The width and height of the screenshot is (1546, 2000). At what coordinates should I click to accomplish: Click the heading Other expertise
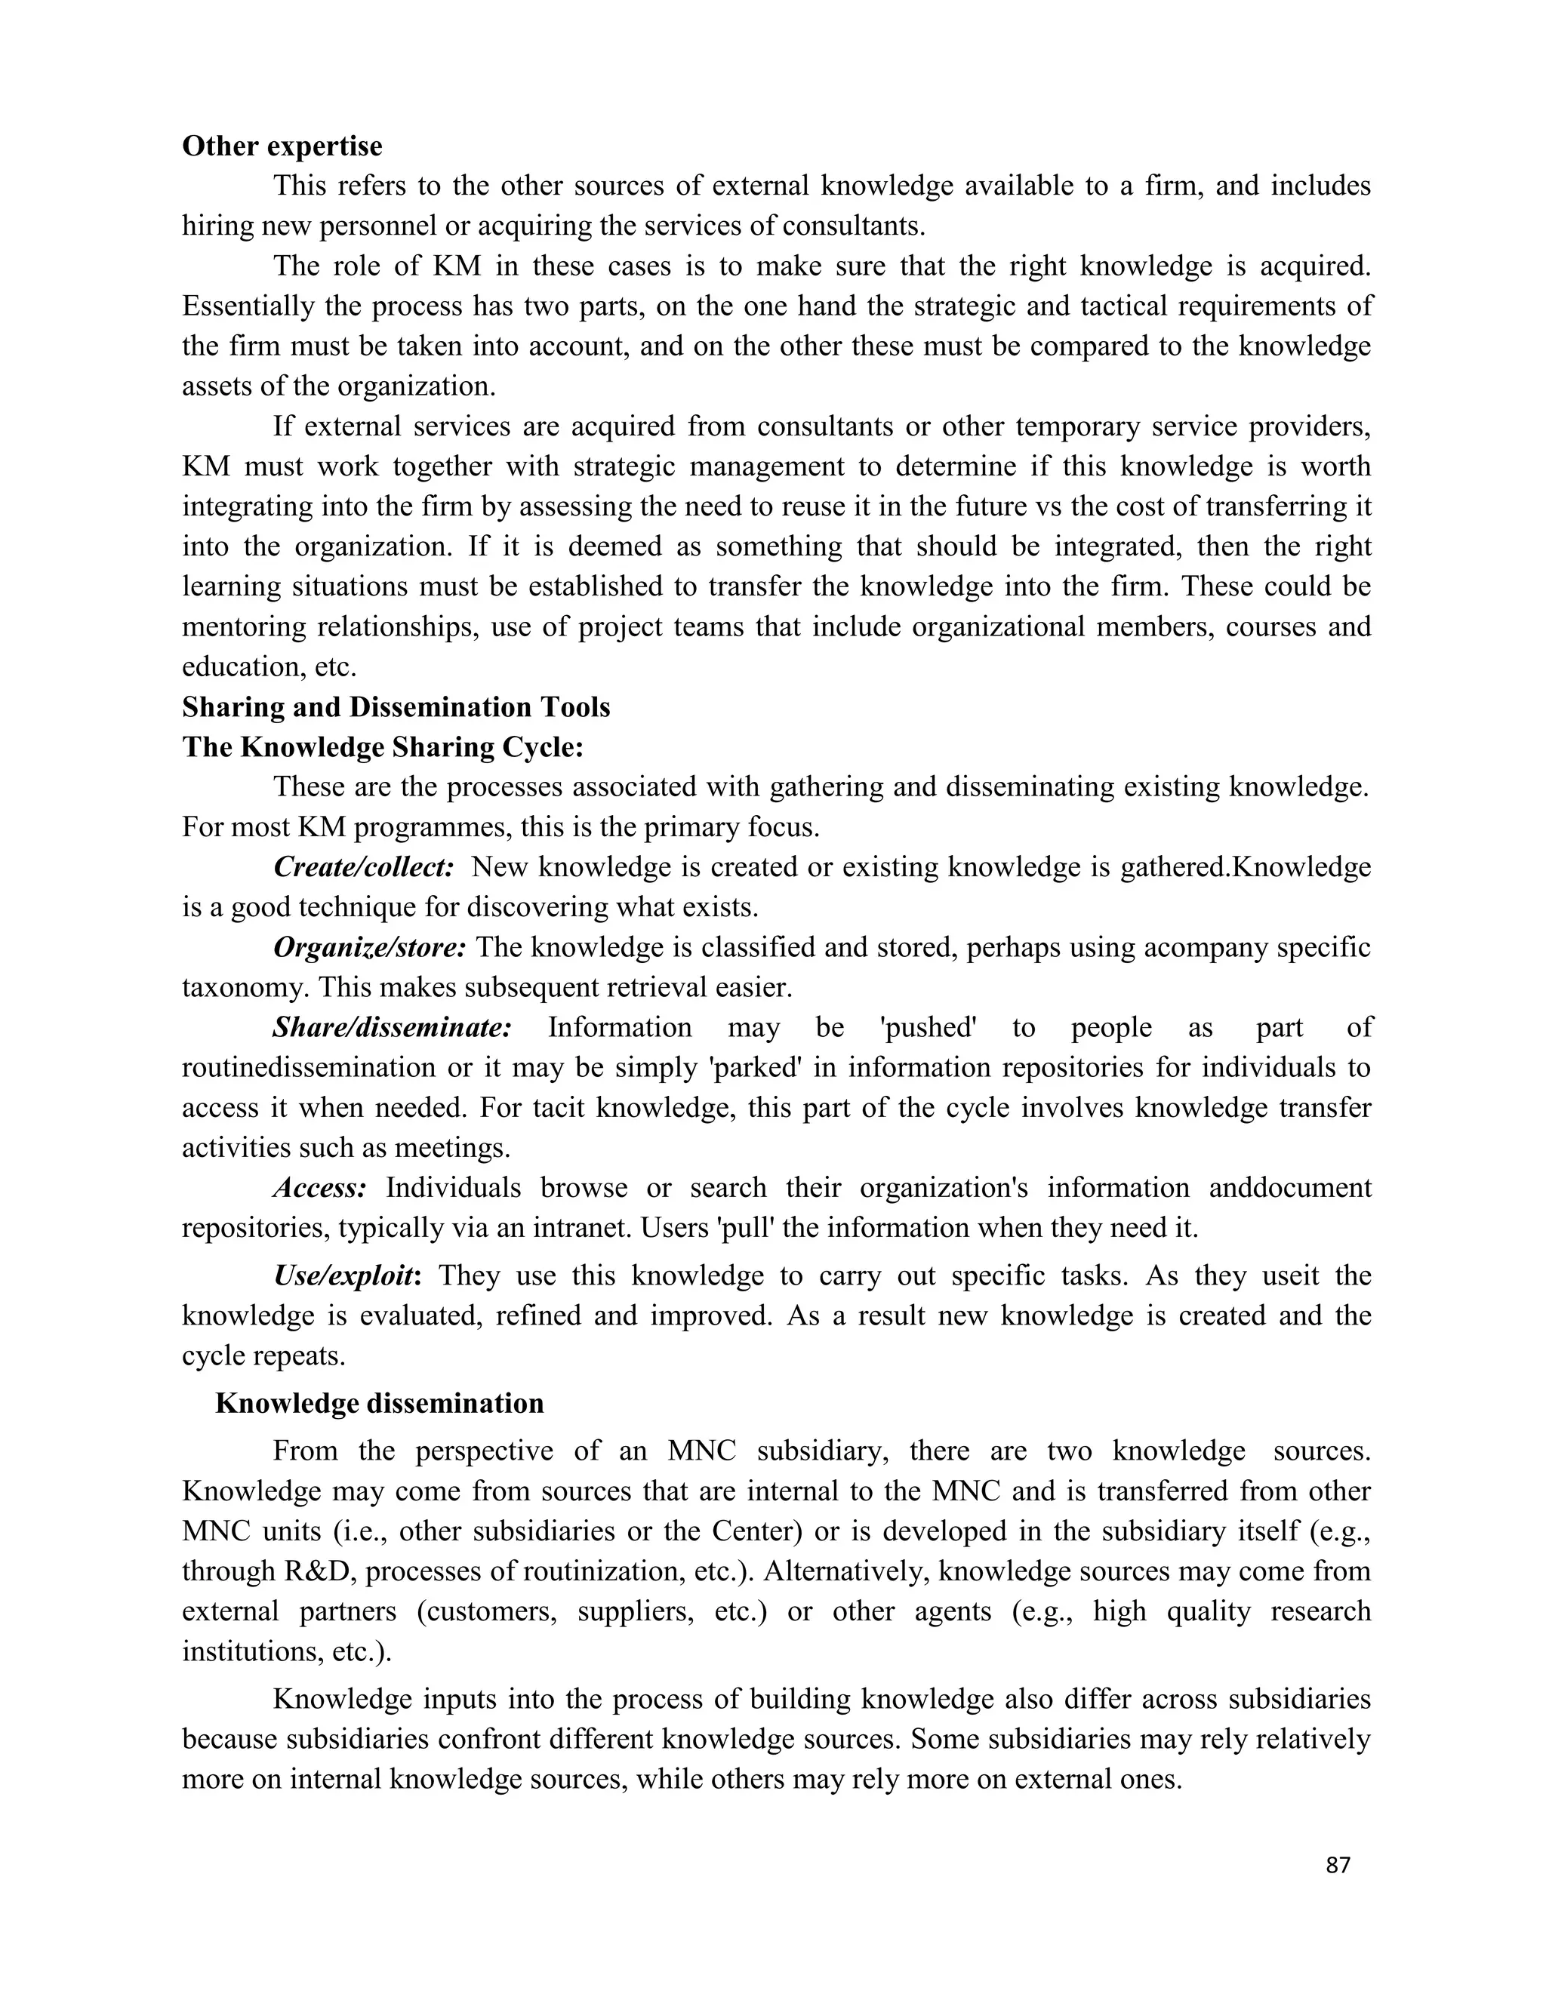(x=282, y=146)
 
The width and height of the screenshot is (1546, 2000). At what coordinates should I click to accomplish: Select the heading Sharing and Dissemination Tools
(x=396, y=707)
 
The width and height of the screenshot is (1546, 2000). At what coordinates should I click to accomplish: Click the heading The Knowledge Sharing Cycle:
(x=383, y=747)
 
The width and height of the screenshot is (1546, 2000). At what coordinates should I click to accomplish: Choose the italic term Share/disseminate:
(x=392, y=1027)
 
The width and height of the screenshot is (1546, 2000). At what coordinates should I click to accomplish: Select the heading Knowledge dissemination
(x=379, y=1404)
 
